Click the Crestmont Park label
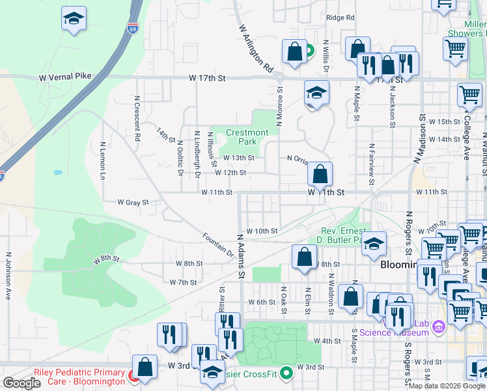pos(247,137)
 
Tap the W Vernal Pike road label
pos(65,77)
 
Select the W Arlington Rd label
pos(256,48)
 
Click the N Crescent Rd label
pos(137,119)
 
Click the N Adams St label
pos(240,256)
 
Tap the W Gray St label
pos(133,203)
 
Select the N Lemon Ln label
pos(103,161)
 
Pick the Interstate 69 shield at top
pos(132,29)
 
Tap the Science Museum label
pos(394,332)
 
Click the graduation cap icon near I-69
pos(74,20)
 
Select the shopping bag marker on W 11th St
pos(320,175)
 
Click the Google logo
pos(22,383)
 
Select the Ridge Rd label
pos(341,18)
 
